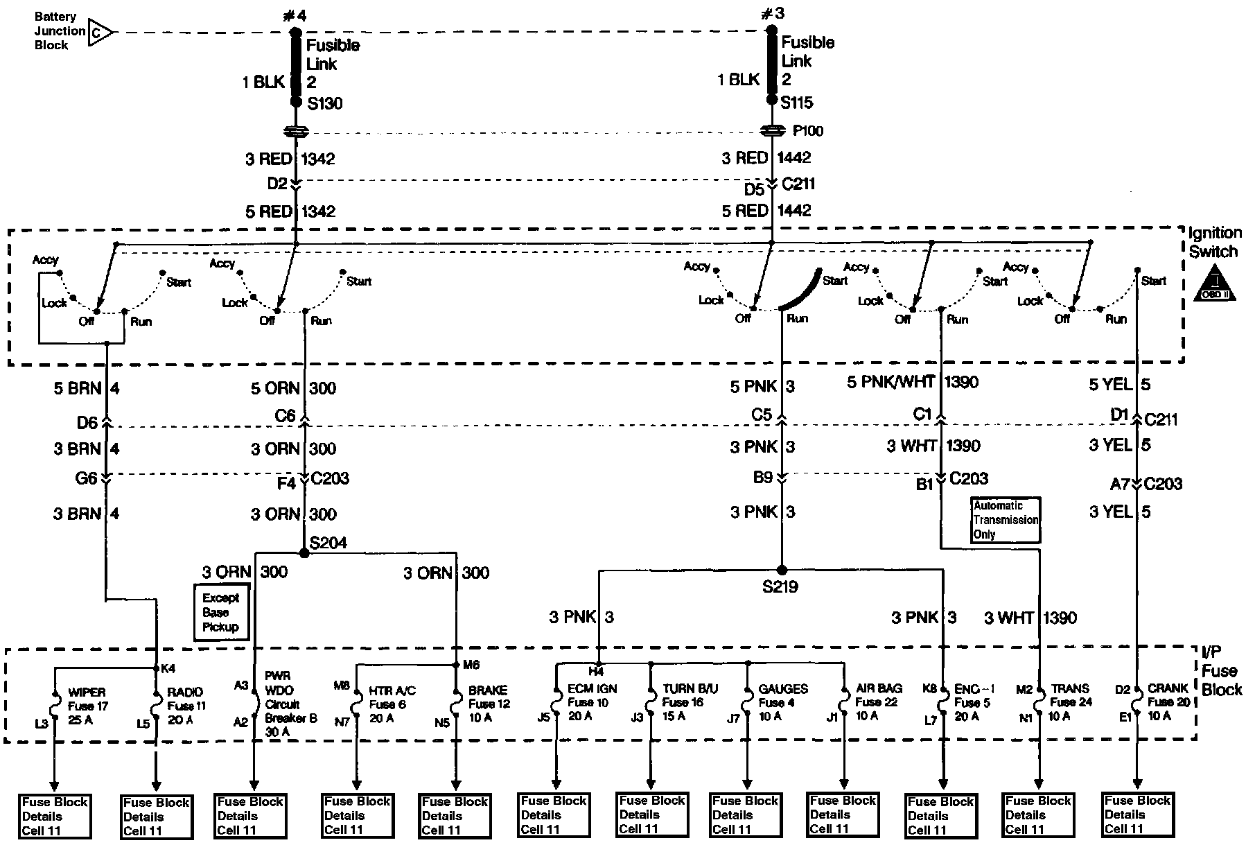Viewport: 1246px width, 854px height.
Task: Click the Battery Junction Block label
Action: (60, 31)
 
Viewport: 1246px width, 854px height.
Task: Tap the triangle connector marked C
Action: (100, 32)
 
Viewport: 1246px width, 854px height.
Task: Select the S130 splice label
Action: (324, 104)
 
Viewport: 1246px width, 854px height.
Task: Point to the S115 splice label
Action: (797, 103)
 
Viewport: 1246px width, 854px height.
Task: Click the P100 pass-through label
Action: (808, 131)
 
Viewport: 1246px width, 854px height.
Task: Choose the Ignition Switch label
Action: (1215, 242)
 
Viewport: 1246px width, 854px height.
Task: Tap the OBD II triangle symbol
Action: (1215, 286)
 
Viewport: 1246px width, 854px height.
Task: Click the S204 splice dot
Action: (303, 553)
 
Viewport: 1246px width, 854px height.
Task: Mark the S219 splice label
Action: (780, 587)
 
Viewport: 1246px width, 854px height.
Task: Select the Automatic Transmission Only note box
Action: (1006, 520)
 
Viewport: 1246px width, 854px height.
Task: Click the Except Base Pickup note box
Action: (220, 612)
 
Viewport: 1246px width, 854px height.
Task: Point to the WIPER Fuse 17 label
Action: (87, 706)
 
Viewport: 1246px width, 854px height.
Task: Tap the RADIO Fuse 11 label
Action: (186, 706)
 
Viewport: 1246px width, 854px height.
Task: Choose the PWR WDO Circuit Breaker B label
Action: (290, 704)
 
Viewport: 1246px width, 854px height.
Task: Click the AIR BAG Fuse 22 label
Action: (878, 701)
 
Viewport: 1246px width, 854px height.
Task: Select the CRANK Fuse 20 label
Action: (1168, 701)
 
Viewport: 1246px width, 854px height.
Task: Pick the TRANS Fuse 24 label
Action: (1071, 701)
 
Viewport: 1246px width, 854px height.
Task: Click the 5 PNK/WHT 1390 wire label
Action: (912, 382)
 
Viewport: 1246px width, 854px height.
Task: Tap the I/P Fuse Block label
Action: (1218, 671)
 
